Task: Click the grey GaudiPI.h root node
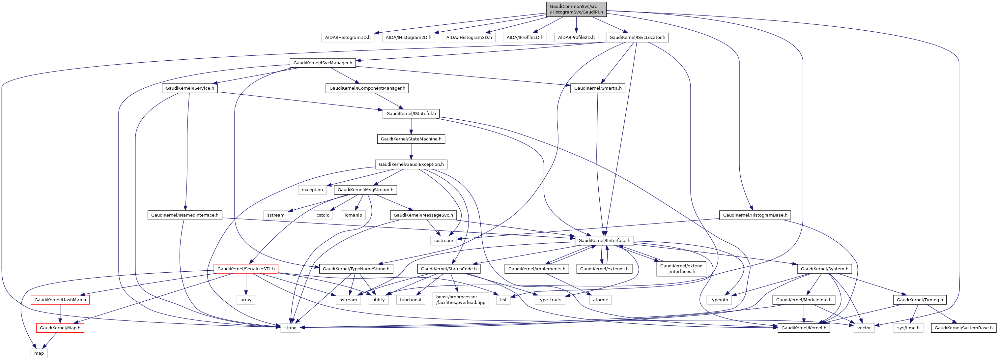click(576, 9)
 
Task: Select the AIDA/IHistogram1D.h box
click(348, 38)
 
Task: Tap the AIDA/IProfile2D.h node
click(576, 38)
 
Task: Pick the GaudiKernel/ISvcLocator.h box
click(637, 38)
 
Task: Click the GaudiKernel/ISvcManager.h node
click(323, 63)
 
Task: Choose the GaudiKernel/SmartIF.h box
click(597, 88)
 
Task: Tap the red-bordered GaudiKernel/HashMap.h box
click(60, 300)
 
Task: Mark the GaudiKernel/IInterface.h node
click(604, 241)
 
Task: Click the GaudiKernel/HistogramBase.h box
click(755, 215)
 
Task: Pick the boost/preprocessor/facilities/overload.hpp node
click(460, 300)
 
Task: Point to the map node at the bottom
click(39, 353)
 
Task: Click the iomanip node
click(353, 215)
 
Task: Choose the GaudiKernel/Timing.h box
click(919, 300)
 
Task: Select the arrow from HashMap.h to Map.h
click(60, 314)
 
